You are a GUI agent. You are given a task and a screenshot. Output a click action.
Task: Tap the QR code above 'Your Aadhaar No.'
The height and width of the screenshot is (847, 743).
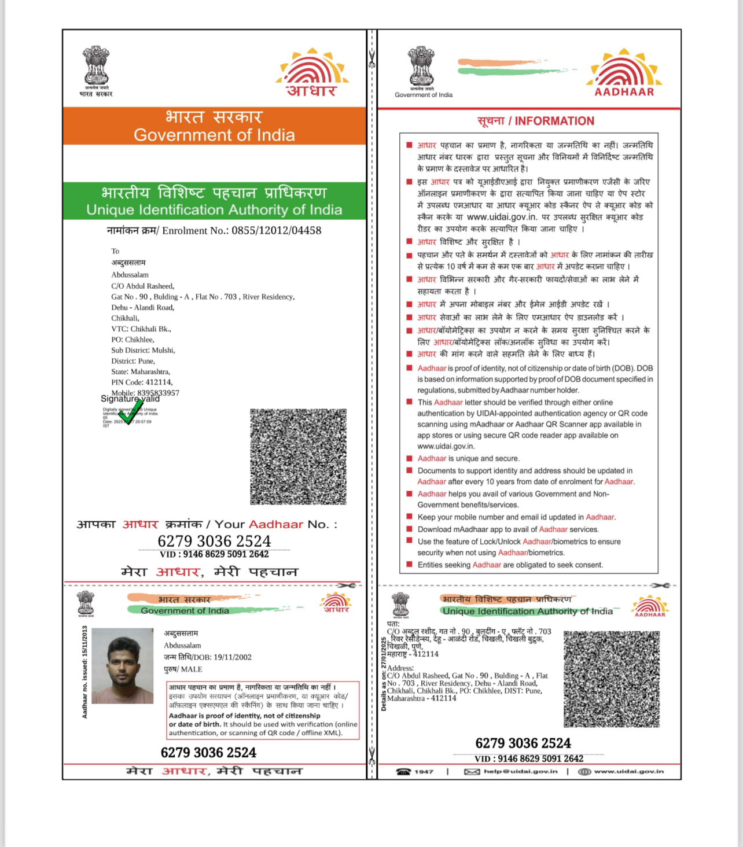(x=298, y=456)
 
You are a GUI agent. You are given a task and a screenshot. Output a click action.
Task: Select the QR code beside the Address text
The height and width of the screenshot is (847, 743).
(x=612, y=679)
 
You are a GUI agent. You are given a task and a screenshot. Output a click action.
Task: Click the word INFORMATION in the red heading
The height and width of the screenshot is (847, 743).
(x=554, y=121)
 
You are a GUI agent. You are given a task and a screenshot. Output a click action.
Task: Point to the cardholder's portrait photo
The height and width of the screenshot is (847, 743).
(x=123, y=666)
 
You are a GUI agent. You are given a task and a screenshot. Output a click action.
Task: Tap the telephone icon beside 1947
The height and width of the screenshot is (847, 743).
(x=403, y=771)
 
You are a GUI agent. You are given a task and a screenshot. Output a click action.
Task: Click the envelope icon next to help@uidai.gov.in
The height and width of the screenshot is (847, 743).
(x=472, y=771)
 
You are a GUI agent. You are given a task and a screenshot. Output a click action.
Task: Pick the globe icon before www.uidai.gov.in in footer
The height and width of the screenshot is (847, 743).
(x=584, y=771)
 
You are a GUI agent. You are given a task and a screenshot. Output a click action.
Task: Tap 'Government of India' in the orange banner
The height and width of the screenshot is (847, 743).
(x=214, y=135)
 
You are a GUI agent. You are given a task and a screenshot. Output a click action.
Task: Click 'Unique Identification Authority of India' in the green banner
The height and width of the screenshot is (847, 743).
(x=214, y=209)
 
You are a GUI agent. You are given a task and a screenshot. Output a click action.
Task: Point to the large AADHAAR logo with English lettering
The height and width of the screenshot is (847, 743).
(x=624, y=73)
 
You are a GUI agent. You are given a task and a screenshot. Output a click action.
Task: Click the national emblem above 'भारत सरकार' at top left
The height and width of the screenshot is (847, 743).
(x=96, y=66)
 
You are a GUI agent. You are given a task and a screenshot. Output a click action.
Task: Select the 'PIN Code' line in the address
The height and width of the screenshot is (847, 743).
(x=142, y=382)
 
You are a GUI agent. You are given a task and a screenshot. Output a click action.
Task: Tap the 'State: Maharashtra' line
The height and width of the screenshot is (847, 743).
(x=141, y=371)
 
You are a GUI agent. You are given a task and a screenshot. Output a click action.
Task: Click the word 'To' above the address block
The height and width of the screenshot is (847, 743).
(x=115, y=251)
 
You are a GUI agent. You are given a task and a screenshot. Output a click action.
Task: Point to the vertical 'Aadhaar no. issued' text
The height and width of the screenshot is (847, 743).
(x=85, y=672)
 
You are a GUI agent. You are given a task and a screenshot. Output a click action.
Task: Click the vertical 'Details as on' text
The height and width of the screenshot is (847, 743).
(x=383, y=673)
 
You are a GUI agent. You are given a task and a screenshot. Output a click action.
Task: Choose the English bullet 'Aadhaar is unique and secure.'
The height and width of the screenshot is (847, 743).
(x=468, y=458)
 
